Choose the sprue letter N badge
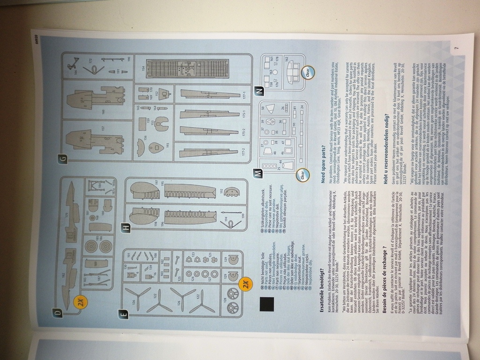258,91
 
